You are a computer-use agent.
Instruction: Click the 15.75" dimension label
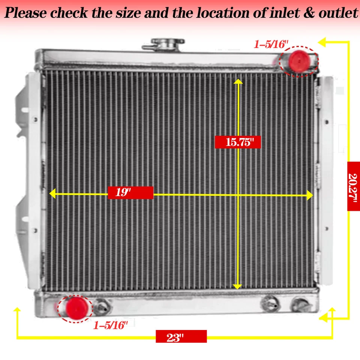tap(237, 142)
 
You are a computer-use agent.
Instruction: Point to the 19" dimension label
tap(130, 193)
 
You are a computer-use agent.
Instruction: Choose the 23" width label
tap(181, 336)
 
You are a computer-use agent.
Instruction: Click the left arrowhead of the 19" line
tap(53, 193)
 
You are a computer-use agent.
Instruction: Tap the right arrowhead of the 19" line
tap(310, 195)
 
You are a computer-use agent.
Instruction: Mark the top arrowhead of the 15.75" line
tap(237, 81)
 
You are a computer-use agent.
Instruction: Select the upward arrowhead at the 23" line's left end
tap(17, 310)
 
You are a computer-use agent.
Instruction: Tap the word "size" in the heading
tap(123, 13)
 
